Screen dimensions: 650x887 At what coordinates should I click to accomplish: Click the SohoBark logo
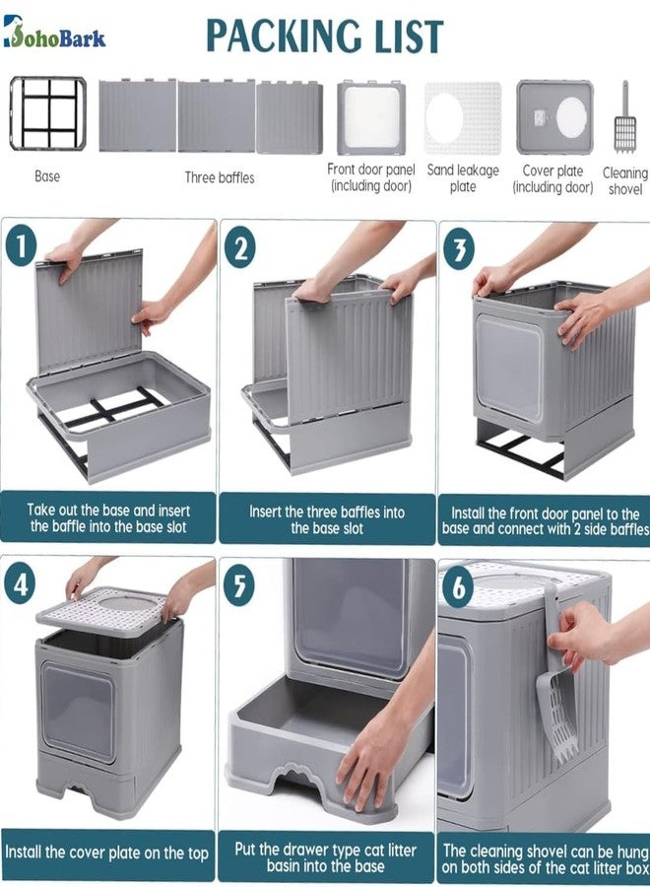54,32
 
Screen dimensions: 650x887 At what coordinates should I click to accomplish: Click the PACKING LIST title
324,35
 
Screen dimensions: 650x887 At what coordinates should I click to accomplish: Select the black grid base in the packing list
48,113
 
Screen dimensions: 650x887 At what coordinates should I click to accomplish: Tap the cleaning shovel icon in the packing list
625,117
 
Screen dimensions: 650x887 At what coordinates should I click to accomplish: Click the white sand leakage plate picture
463,118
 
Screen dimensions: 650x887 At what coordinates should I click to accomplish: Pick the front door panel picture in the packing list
371,117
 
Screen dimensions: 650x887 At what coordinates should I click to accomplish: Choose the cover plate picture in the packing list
554,117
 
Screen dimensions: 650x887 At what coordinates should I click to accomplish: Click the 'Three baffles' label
220,177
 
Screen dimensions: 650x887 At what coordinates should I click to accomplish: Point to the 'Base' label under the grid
47,176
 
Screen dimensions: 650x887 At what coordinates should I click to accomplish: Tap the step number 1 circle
21,246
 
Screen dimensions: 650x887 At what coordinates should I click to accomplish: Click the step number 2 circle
239,247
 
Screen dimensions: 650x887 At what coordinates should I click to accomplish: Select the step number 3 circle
459,248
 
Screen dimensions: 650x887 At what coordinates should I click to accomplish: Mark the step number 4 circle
21,584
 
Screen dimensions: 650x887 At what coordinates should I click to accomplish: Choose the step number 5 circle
239,585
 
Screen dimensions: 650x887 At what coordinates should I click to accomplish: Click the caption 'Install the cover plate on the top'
106,853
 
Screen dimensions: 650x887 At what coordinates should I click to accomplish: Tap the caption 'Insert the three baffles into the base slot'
327,520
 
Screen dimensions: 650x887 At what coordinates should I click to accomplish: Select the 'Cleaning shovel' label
625,181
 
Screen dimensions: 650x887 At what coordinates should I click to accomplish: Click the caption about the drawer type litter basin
326,857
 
